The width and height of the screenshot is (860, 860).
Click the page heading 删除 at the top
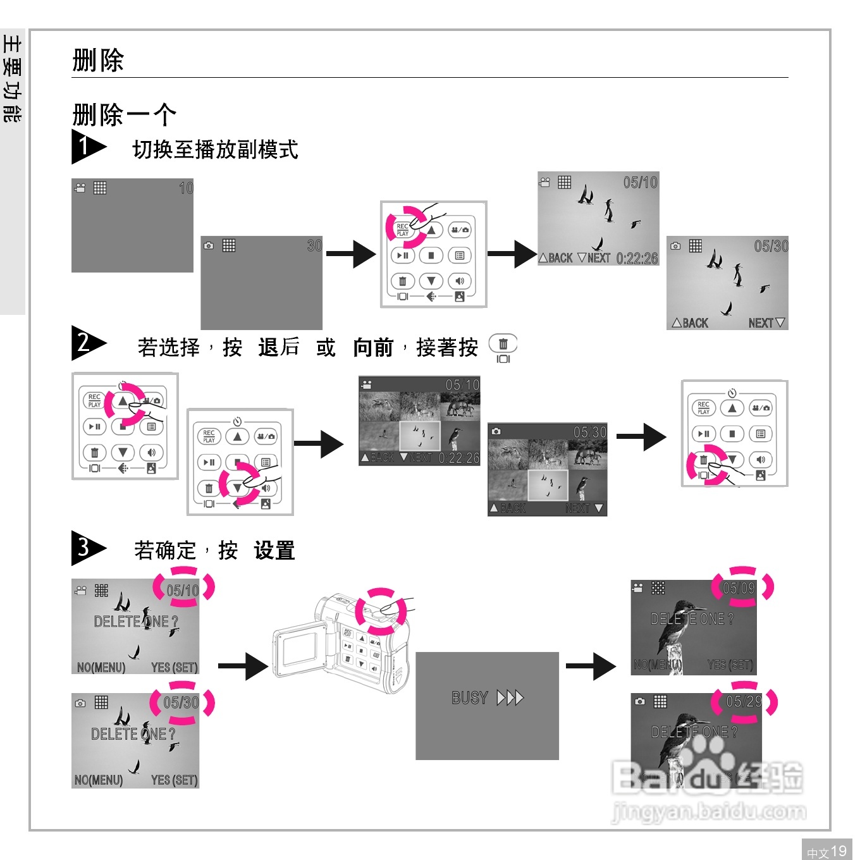98,61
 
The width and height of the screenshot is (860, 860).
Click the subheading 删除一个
124,115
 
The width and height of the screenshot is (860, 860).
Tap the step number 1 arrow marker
87,147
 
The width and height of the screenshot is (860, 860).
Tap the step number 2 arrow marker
87,343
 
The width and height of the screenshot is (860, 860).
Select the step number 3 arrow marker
87,548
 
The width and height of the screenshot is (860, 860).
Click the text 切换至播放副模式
215,150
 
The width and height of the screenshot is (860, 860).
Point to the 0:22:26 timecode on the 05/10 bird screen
637,259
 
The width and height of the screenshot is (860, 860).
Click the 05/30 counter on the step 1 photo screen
771,247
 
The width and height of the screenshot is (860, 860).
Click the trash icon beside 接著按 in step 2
503,345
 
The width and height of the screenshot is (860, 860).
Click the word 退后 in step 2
279,347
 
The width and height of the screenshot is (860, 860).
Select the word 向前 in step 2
373,347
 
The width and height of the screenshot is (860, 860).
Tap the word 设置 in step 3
274,551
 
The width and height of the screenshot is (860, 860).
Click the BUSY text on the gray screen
470,698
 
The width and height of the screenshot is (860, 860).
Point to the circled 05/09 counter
739,588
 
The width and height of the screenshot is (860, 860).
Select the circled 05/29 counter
744,701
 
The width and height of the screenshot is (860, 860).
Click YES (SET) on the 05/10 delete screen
175,667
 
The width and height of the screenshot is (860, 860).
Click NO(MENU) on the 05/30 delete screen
99,780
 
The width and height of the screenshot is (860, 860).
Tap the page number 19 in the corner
838,851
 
